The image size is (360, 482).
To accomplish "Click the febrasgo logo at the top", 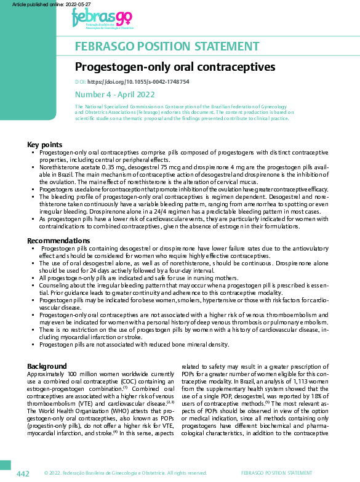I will click(x=102, y=19).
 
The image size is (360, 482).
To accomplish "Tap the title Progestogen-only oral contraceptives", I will click(x=175, y=66).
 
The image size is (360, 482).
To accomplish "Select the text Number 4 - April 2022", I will click(x=115, y=95).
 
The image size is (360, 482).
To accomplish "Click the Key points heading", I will click(x=44, y=144).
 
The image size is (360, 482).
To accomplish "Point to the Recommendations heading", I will click(x=58, y=241).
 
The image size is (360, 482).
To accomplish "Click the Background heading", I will click(x=47, y=366).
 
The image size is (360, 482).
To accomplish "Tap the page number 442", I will click(x=23, y=473).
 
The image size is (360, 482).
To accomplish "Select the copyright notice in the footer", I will click(x=125, y=473).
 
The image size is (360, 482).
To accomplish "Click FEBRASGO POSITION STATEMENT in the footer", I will click(x=276, y=473).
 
